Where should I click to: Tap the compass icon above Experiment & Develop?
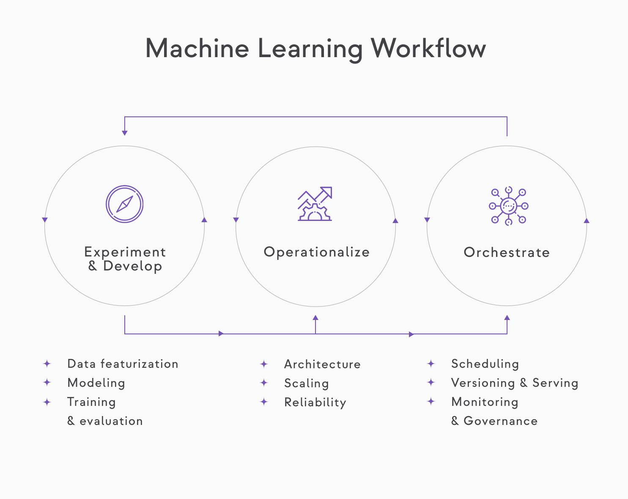[124, 204]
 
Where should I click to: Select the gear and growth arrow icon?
[315, 204]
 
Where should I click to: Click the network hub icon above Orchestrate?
[508, 206]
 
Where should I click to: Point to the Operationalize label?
[316, 252]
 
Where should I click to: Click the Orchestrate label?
[507, 253]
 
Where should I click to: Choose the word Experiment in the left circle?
[125, 252]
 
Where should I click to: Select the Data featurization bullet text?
[123, 364]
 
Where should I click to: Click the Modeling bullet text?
[96, 383]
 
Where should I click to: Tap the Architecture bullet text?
[322, 364]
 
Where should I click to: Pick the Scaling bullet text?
[306, 383]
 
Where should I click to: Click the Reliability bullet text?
[315, 403]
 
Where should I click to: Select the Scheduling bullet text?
[485, 364]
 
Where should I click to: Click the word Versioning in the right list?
[483, 383]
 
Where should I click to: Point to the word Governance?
[500, 421]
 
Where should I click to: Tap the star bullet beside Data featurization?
[47, 364]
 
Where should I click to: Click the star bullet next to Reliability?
[264, 402]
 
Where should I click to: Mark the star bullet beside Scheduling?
[431, 364]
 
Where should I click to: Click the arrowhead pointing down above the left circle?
[125, 133]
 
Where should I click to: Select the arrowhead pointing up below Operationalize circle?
[315, 317]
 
